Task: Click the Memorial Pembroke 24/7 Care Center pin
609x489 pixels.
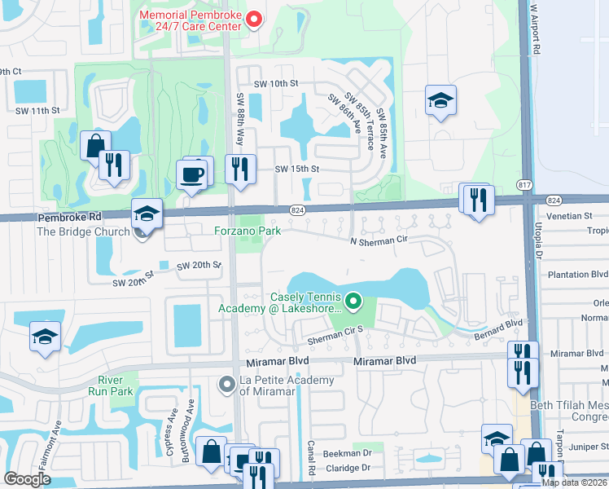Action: [253, 18]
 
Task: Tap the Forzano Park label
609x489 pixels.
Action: [248, 231]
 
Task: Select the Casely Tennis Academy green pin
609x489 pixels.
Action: [353, 302]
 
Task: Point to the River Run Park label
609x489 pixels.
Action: [110, 385]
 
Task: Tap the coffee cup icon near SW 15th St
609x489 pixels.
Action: [192, 175]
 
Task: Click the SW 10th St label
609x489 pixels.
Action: [276, 83]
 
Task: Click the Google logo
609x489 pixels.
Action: [27, 479]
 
